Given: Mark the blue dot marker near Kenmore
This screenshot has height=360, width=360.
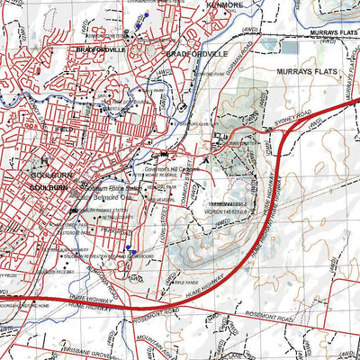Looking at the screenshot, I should click(141, 16).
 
